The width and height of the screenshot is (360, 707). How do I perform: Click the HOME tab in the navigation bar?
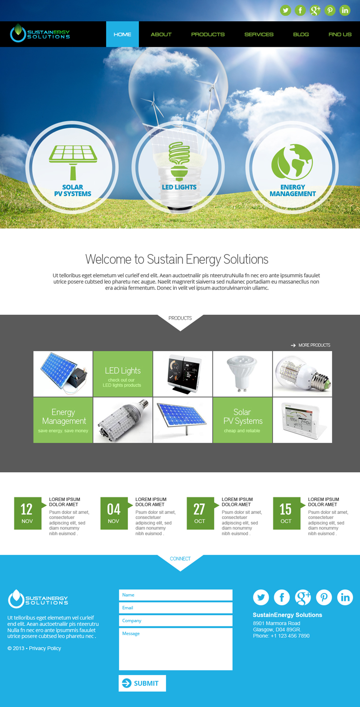pyautogui.click(x=123, y=34)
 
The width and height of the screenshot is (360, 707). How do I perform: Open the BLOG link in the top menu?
pyautogui.click(x=301, y=34)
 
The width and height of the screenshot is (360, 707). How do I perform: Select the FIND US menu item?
pyautogui.click(x=340, y=34)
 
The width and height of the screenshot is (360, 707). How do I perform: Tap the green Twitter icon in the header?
pyautogui.click(x=286, y=10)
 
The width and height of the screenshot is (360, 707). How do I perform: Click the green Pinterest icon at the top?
pyautogui.click(x=330, y=10)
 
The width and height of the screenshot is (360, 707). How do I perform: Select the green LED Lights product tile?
pyautogui.click(x=123, y=374)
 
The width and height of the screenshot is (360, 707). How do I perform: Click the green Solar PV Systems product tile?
pyautogui.click(x=242, y=420)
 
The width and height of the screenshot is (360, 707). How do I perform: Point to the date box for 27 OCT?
pyautogui.click(x=200, y=513)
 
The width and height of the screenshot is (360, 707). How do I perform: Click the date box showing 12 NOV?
pyautogui.click(x=27, y=513)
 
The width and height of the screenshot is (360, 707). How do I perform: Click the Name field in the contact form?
pyautogui.click(x=175, y=595)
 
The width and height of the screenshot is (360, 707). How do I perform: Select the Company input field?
pyautogui.click(x=175, y=621)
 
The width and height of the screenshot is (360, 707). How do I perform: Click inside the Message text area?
pyautogui.click(x=175, y=649)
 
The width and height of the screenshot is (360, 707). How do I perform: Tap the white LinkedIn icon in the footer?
pyautogui.click(x=345, y=598)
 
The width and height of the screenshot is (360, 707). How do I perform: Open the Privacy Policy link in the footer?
pyautogui.click(x=45, y=649)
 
